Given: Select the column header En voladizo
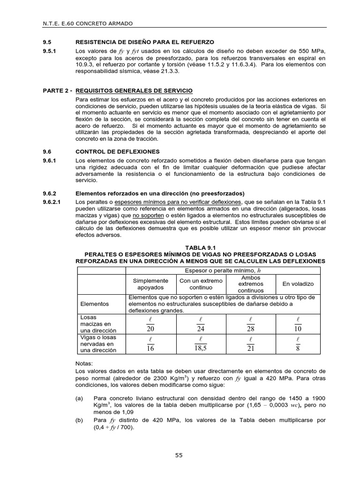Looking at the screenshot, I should pyautogui.click(x=298, y=284).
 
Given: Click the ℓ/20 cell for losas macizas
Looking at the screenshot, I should pyautogui.click(x=150, y=324).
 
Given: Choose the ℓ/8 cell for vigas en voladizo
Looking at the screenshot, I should pyautogui.click(x=298, y=344).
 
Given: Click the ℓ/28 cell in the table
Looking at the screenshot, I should pyautogui.click(x=251, y=324).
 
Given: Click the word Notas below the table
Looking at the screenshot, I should pyautogui.click(x=84, y=363).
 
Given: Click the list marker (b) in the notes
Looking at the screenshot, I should pyautogui.click(x=80, y=420).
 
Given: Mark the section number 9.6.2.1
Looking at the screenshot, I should pyautogui.click(x=52, y=202).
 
